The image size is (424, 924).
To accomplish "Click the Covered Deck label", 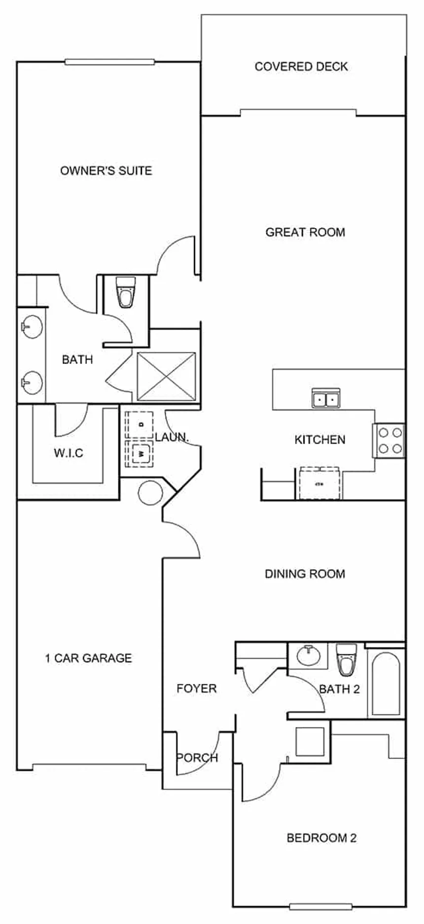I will tap(301, 66).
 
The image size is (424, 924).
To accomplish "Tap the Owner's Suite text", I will tap(106, 171).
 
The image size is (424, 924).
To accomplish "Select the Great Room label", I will tap(305, 232).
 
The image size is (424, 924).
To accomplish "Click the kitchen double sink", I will tap(326, 398).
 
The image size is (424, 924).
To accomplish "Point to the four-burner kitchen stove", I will tap(389, 440).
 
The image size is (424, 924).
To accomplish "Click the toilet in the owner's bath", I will tap(125, 292).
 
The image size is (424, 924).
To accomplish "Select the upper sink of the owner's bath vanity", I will tap(31, 327).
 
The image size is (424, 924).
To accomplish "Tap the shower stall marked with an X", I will tap(166, 376).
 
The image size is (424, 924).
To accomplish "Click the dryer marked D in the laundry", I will tap(140, 424).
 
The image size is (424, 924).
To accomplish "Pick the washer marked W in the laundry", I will tap(140, 454).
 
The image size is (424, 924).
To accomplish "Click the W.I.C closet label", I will tap(69, 453).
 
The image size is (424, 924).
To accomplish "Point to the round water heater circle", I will tap(150, 493).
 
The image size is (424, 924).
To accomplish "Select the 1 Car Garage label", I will tap(89, 658).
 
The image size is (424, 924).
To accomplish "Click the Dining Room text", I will tap(305, 574).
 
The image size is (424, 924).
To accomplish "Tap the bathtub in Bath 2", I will tap(386, 684).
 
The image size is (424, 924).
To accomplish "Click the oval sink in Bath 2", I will tap(308, 656).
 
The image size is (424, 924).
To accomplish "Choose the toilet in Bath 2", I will tap(347, 659).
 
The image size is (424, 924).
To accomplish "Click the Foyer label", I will tap(197, 689).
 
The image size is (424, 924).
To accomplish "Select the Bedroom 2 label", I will tap(321, 838).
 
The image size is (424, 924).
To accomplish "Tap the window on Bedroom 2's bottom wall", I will tap(320, 906).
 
